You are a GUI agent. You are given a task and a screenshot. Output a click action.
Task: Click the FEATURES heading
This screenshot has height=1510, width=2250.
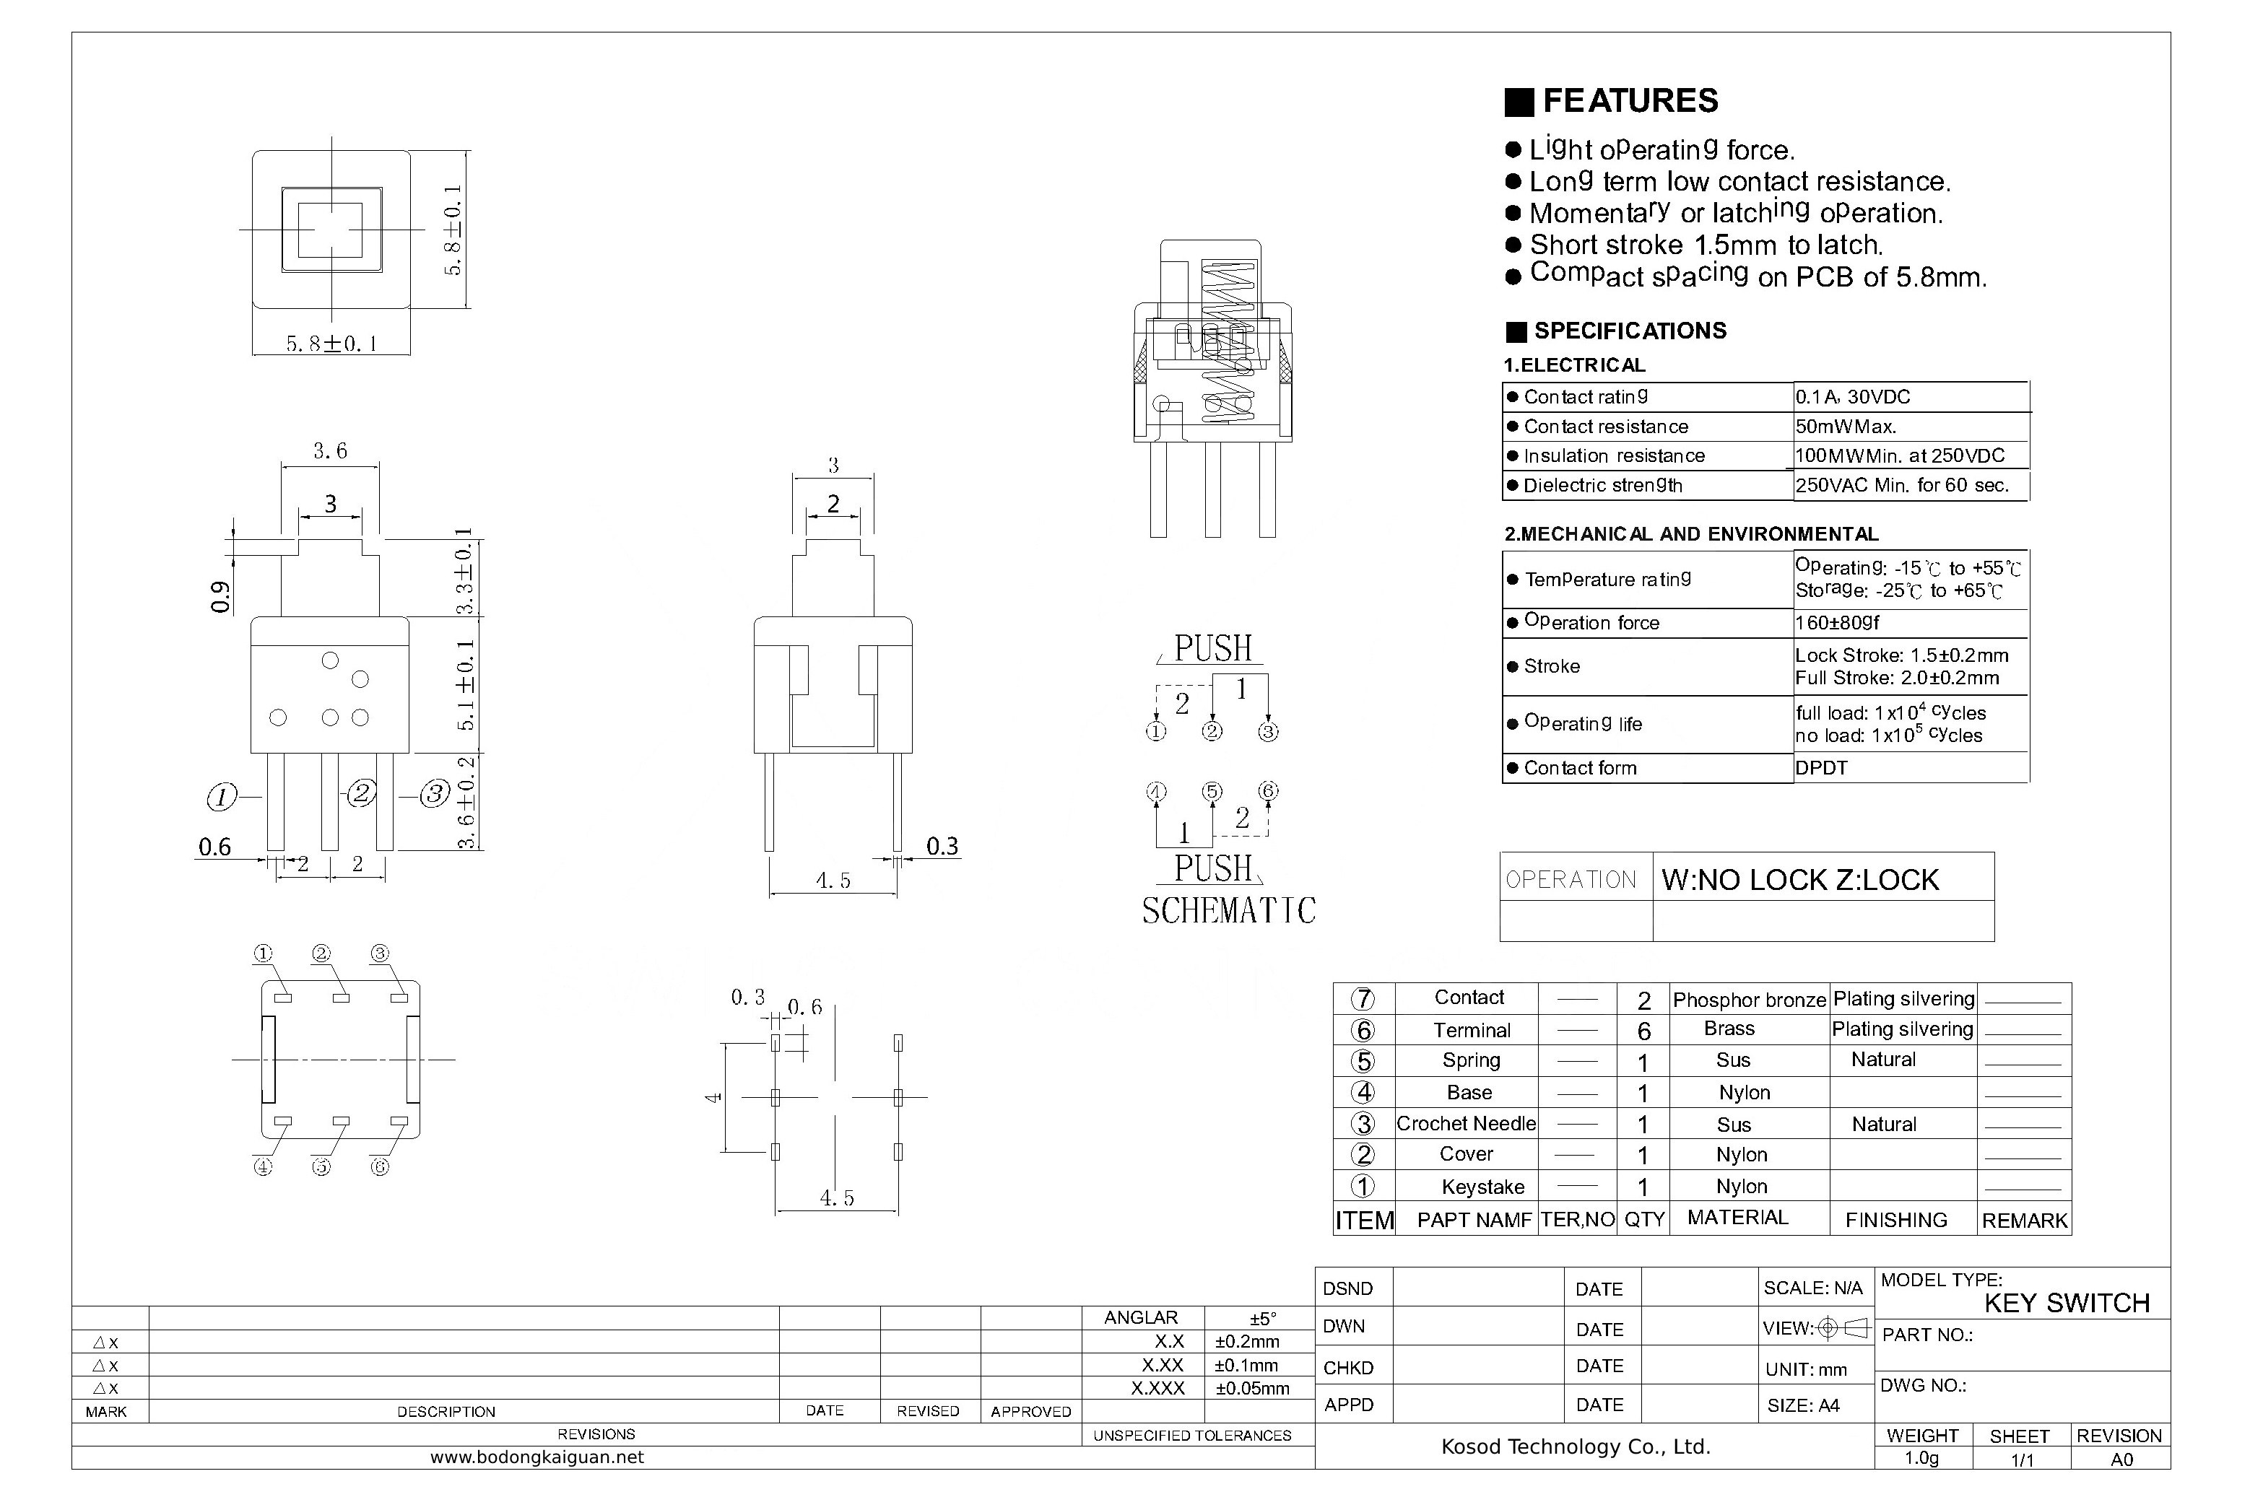tap(1630, 100)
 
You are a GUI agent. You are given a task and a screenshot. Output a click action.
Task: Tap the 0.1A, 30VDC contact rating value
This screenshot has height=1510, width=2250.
tap(1852, 397)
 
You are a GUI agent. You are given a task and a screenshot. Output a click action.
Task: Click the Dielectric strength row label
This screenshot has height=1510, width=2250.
tap(1603, 485)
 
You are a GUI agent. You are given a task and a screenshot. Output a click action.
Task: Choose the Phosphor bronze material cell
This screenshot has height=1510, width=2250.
tap(1749, 1000)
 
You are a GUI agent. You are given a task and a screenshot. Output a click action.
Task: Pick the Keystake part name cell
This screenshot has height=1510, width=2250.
tap(1482, 1187)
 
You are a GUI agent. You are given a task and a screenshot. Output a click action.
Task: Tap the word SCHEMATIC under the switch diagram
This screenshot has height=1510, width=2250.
tap(1228, 910)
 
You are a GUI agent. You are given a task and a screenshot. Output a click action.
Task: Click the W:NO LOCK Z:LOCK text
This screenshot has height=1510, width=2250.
tap(1800, 879)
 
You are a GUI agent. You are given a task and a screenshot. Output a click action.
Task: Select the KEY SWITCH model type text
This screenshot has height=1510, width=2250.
tap(2067, 1303)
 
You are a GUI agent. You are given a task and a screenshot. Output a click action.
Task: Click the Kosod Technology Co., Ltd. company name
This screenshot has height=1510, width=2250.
tap(1576, 1446)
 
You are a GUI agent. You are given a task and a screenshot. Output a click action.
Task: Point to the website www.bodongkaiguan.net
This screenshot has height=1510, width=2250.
tap(537, 1457)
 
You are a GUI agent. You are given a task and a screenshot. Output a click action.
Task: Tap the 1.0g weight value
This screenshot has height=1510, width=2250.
tap(1921, 1458)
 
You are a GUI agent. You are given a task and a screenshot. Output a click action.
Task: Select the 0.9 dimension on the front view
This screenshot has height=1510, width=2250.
tap(220, 597)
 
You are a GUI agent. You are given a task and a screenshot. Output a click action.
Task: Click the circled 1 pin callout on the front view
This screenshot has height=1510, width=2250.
tap(222, 796)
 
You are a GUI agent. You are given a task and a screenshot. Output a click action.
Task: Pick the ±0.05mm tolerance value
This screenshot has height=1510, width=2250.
tap(1251, 1389)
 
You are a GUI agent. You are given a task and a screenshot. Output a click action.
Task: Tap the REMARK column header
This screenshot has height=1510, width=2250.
tap(2025, 1220)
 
